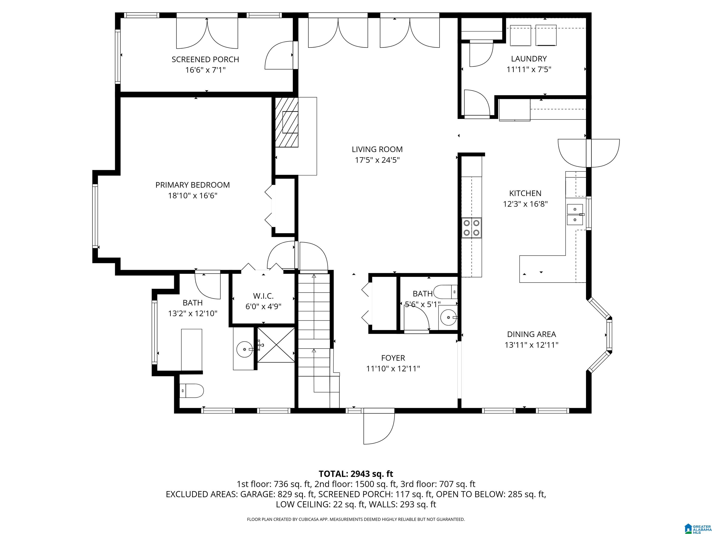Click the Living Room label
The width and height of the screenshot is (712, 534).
[x=377, y=149]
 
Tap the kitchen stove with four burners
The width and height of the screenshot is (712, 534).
[x=472, y=228]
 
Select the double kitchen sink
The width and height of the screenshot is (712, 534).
[x=575, y=214]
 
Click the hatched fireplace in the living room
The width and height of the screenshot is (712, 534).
[x=286, y=122]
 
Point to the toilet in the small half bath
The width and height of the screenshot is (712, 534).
[x=445, y=292]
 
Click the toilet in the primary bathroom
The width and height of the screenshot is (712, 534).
[x=191, y=391]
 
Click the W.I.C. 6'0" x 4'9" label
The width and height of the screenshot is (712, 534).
[x=263, y=301]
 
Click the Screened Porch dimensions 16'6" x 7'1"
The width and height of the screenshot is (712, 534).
[x=205, y=70]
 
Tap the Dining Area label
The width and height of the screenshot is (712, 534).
[x=531, y=334]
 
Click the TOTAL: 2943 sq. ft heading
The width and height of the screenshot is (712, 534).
[x=356, y=474]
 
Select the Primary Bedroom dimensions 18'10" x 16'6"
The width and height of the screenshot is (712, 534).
[x=192, y=195]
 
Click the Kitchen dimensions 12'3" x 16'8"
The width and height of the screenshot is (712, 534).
[x=525, y=204]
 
